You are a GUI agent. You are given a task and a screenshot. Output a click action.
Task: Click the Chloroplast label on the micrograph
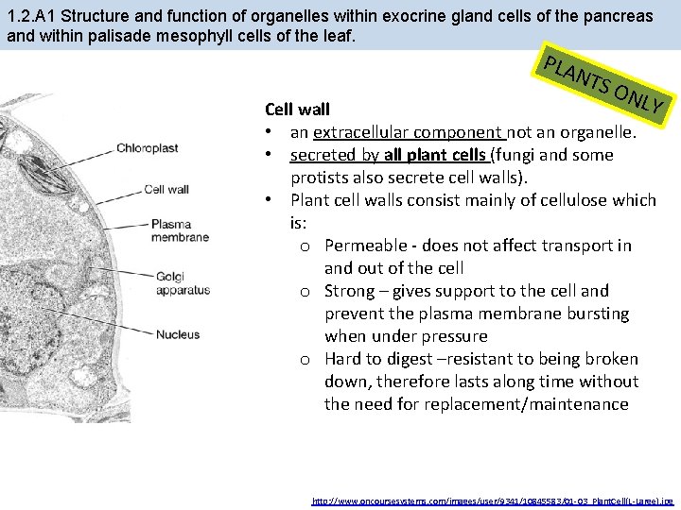coord(147,148)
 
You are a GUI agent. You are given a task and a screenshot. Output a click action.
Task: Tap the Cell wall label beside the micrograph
coord(166,189)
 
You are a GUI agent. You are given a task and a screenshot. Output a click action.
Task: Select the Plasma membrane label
coord(180,230)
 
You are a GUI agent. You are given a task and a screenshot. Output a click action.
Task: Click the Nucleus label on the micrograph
coord(177,334)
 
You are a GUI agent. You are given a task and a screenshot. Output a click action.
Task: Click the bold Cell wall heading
coord(297,110)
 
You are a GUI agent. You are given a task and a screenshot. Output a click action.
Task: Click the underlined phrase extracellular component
coord(409,132)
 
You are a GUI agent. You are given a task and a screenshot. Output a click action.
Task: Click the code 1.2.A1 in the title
coord(30,17)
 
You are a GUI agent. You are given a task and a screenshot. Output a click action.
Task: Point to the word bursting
coord(596,314)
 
